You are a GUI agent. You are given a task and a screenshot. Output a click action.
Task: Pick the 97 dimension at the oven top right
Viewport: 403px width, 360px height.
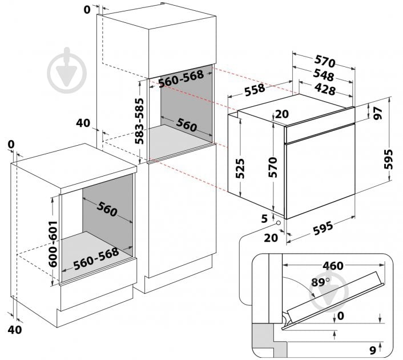click(x=378, y=112)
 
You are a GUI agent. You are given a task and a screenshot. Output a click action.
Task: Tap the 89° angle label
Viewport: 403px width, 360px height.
click(x=321, y=282)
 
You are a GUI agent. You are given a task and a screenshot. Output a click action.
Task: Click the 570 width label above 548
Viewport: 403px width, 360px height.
click(x=324, y=62)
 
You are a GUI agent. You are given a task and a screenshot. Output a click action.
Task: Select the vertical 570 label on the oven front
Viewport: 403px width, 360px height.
click(x=273, y=167)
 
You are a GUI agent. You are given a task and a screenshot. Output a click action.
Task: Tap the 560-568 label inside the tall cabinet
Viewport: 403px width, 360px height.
click(x=181, y=81)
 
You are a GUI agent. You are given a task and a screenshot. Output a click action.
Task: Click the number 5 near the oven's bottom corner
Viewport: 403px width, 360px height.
click(x=264, y=218)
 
